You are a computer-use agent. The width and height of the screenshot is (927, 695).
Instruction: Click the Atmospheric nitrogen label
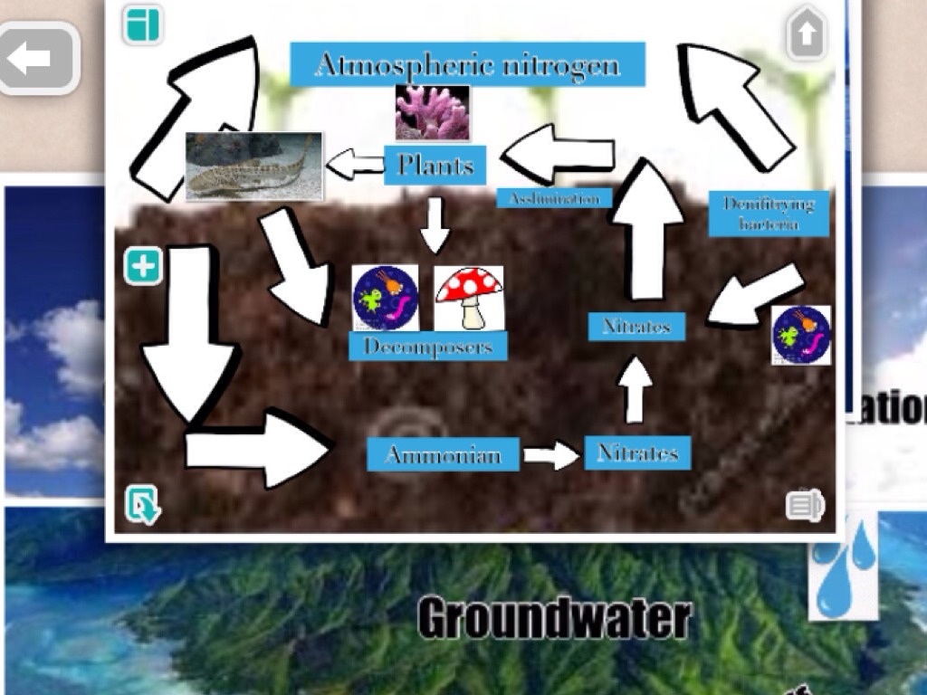[x=467, y=64]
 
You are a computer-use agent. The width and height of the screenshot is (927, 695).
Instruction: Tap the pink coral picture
[x=432, y=112]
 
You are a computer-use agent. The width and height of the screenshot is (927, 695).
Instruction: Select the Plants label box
[x=435, y=165]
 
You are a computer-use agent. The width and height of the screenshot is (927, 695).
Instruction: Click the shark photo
[x=253, y=167]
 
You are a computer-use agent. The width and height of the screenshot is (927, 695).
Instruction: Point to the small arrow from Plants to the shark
[x=355, y=165]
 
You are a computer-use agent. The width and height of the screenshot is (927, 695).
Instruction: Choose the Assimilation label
[x=554, y=198]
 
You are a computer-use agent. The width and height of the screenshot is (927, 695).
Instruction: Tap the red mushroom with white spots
[x=468, y=298]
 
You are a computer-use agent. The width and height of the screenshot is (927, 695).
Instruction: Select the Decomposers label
[x=428, y=346]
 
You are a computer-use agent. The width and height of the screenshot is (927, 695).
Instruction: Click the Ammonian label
[x=443, y=453]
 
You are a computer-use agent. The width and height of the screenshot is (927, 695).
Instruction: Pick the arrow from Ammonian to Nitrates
[x=551, y=454]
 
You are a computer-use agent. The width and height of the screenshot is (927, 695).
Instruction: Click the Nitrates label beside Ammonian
[x=637, y=452]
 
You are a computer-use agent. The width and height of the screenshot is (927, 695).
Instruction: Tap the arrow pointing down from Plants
[x=435, y=224]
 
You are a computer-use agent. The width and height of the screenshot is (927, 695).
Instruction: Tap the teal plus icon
[x=142, y=267]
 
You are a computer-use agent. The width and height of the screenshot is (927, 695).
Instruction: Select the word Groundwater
[x=554, y=619]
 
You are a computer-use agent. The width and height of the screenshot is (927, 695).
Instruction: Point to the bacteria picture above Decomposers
[x=386, y=298]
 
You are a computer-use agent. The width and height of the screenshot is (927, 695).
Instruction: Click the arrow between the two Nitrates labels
[x=636, y=388]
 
